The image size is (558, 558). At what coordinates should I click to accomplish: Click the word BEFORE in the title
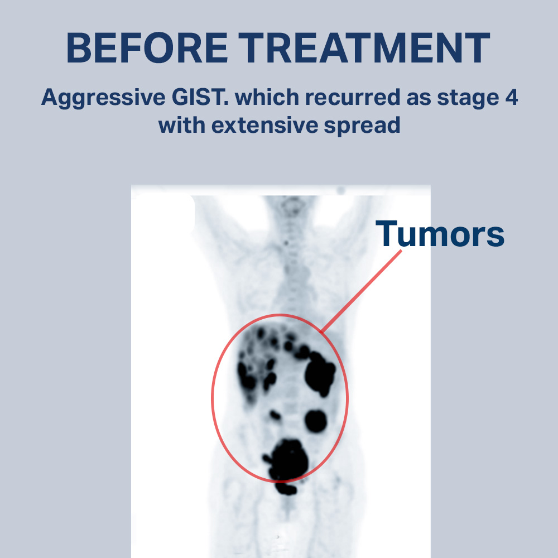click(147, 47)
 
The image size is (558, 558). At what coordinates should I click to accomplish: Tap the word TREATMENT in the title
click(364, 47)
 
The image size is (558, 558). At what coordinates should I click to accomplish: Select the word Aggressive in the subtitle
click(103, 98)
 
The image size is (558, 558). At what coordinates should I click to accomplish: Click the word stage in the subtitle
click(468, 98)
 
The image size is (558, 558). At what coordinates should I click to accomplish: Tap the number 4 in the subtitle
click(511, 97)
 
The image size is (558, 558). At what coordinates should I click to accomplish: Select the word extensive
click(264, 126)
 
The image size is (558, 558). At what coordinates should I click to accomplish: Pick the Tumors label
click(440, 233)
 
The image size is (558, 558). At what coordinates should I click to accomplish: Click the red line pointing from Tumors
click(360, 291)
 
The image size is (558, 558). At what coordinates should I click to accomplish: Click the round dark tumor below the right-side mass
click(316, 421)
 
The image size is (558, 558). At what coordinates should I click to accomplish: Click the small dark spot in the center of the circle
click(275, 415)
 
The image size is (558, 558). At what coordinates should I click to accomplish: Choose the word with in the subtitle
click(181, 126)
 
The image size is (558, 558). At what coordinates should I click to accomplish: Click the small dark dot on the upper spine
click(286, 243)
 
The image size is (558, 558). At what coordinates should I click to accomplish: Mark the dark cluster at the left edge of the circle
click(246, 377)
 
